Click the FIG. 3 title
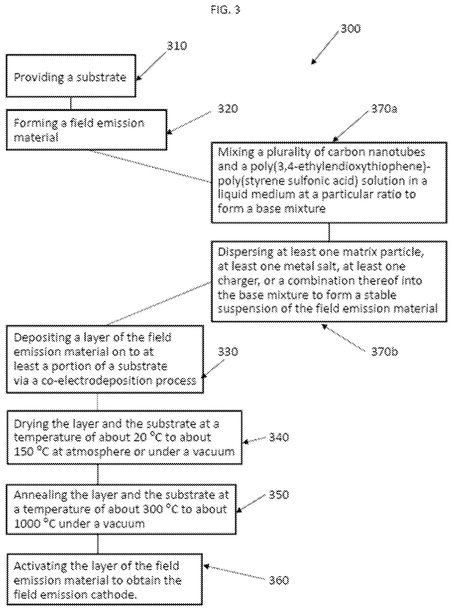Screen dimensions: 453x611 pos(225,10)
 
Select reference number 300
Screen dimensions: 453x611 pos(350,29)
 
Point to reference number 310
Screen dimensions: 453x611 pos(177,46)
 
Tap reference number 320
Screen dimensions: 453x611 pos(228,109)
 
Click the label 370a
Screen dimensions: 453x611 pos(384,109)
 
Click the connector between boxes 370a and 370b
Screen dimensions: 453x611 pos(329,232)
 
